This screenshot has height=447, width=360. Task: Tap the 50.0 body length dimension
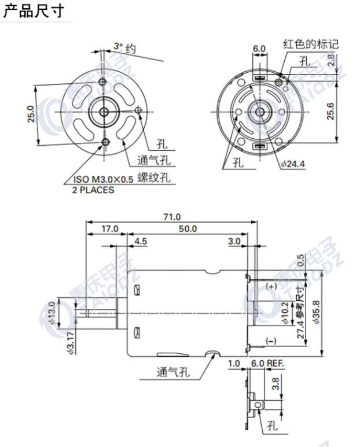(188, 229)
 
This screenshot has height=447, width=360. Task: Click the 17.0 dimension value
(109, 229)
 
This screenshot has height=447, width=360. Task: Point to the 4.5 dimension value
(141, 241)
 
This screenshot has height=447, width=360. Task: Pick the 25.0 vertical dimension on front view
(31, 114)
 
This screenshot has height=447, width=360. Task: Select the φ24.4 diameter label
(292, 164)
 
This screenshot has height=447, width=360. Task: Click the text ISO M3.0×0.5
(103, 180)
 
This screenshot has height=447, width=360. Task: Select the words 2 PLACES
(93, 190)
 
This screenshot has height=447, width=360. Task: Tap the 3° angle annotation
(118, 45)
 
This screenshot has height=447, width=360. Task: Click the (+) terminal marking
(271, 287)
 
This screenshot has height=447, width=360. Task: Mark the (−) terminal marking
(271, 341)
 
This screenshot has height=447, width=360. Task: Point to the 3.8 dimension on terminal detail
(277, 382)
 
